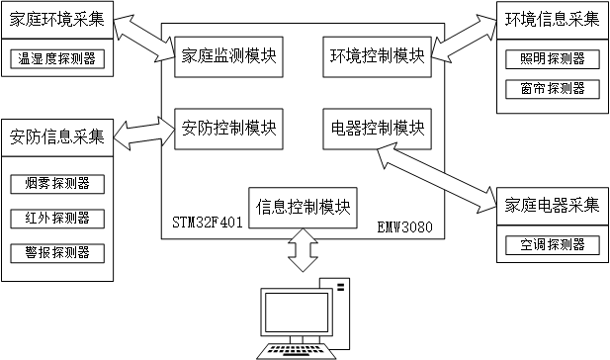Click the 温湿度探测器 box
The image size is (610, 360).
point(57,58)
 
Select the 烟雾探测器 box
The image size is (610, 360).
point(57,184)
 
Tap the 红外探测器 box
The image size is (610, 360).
point(57,219)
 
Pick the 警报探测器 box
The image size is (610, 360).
point(57,253)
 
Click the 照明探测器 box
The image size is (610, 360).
point(553,59)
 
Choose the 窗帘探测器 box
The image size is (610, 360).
point(553,89)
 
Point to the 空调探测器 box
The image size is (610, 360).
point(553,245)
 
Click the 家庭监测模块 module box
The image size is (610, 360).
point(228,56)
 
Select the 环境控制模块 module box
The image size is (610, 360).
point(378,56)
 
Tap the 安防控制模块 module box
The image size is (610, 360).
point(228,129)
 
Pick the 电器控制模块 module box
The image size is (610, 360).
point(378,129)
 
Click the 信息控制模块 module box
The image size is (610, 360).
point(304,208)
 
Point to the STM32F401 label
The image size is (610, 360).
point(208,223)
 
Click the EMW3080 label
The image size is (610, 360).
point(405,226)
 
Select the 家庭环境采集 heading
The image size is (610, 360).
point(57,20)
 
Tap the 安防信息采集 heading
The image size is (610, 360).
point(57,137)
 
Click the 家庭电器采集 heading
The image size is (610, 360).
point(552,205)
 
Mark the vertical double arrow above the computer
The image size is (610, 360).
point(304,250)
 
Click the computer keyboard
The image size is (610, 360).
point(297,351)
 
